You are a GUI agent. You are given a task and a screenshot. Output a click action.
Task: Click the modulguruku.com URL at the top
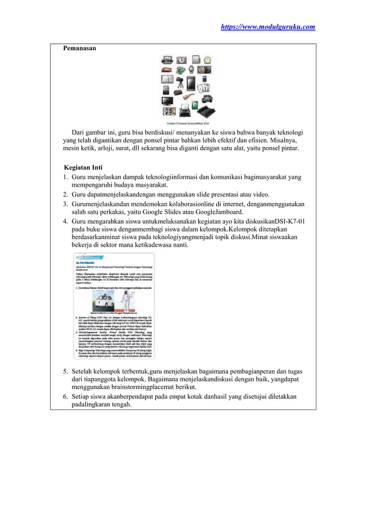pyautogui.click(x=268, y=26)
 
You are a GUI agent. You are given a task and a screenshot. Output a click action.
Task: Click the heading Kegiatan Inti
pyautogui.click(x=83, y=167)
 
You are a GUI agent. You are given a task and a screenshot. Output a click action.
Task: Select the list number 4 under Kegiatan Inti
pyautogui.click(x=66, y=221)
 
